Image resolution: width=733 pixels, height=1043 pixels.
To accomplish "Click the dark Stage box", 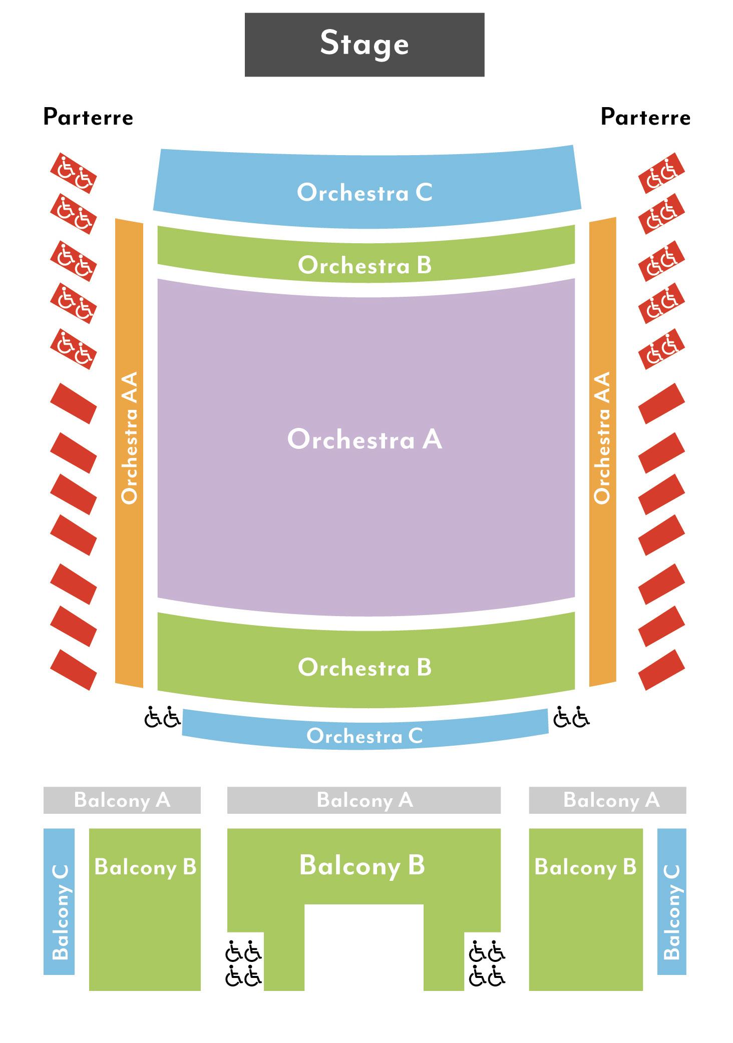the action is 364,45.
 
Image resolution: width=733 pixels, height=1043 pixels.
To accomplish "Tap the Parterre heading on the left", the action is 88,117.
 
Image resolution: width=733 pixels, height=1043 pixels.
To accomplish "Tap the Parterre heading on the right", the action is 645,117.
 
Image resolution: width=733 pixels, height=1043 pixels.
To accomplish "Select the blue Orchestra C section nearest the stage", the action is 364,192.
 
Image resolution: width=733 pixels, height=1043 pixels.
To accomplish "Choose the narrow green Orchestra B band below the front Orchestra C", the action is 364,264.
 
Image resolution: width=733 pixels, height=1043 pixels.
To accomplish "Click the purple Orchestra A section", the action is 364,439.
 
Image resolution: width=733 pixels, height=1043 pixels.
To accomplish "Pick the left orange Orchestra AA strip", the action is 129,450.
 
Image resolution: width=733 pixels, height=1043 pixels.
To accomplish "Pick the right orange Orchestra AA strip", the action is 602,450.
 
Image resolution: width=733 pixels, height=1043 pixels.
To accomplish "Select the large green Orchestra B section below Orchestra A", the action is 364,667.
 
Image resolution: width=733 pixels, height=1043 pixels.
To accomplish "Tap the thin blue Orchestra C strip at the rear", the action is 364,735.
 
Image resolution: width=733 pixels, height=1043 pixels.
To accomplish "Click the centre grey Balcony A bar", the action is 364,800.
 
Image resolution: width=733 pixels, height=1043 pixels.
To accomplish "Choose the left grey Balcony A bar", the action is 122,800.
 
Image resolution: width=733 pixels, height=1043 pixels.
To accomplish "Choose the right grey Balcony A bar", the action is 607,800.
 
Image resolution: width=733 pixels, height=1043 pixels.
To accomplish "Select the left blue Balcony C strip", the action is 59,901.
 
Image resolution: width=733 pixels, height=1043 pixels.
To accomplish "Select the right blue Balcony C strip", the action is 671,901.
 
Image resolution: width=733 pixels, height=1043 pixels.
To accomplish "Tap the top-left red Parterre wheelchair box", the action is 73,173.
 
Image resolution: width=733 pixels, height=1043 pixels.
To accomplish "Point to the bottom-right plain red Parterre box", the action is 661,670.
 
